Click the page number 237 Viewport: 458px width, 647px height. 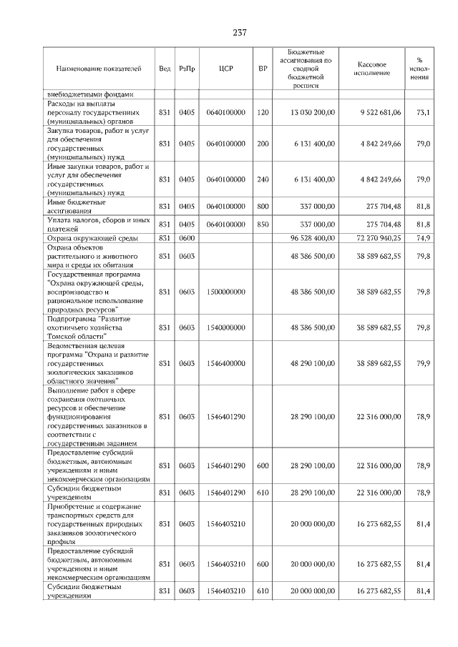pos(239,32)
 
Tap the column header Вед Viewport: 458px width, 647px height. pos(165,69)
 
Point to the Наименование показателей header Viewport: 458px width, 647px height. pos(99,69)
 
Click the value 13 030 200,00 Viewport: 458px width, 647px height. pos(313,112)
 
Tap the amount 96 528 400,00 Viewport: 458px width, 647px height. pos(313,237)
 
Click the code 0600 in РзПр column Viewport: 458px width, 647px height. pos(187,237)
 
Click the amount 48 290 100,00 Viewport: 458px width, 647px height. pos(313,363)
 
